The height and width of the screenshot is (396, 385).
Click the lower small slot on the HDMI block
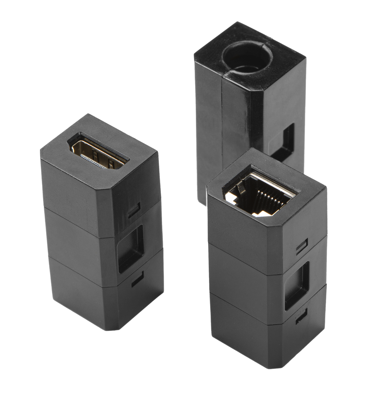[137, 278]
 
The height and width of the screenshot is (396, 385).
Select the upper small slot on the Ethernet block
[302, 246]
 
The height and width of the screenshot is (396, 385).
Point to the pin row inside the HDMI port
[93, 160]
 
